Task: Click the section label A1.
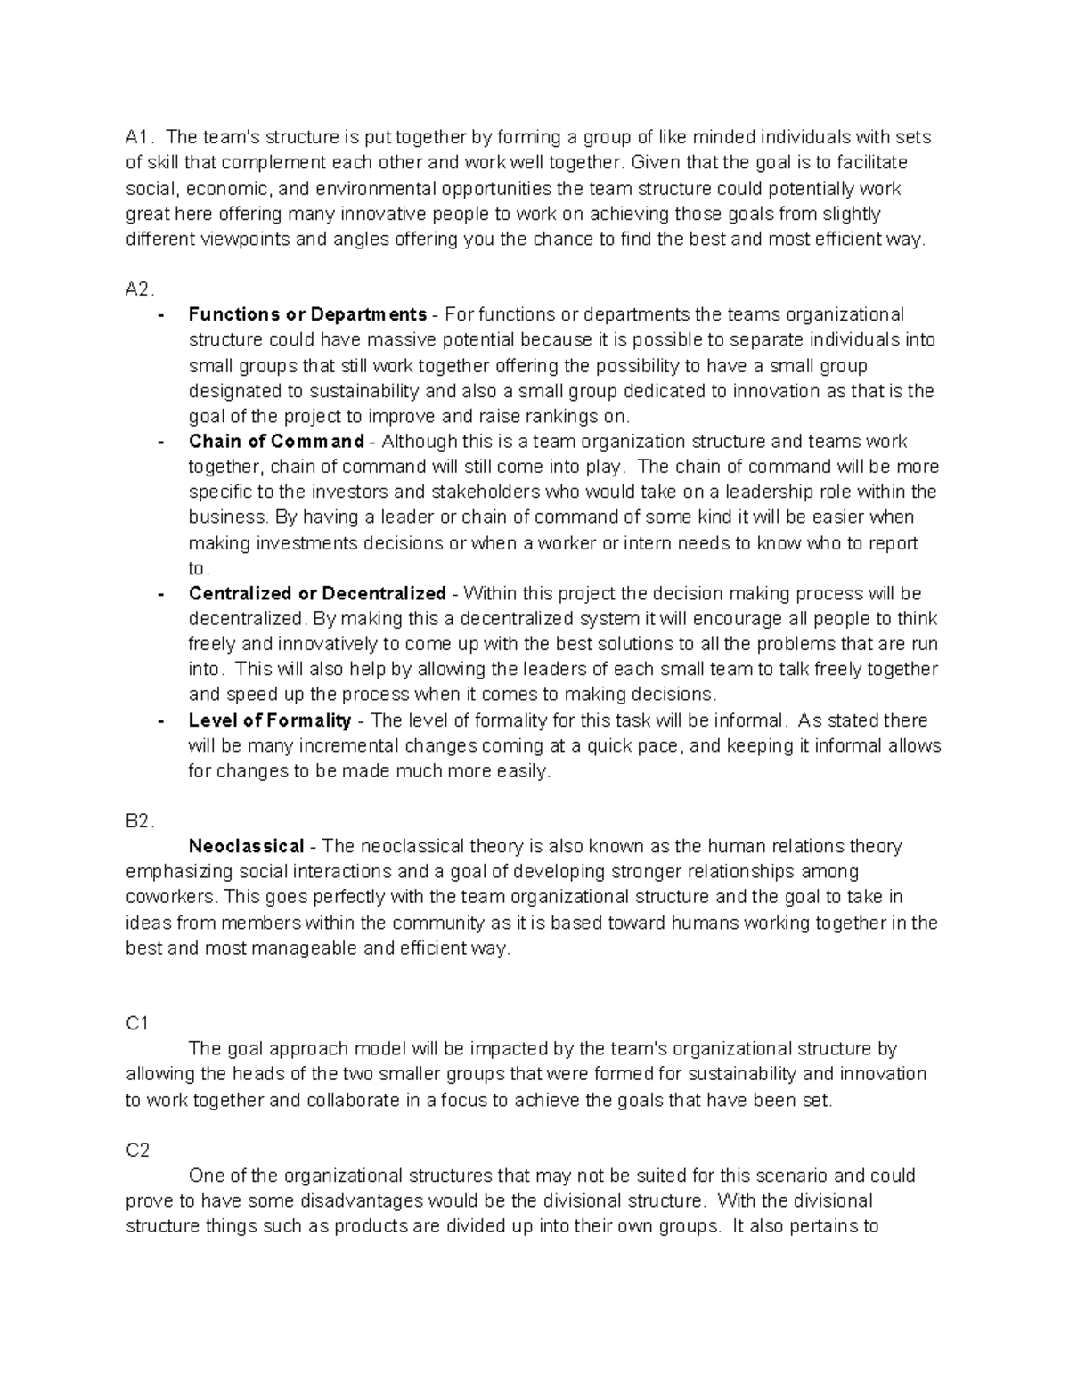pyautogui.click(x=139, y=137)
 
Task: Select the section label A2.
pyautogui.click(x=140, y=289)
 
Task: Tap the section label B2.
pyautogui.click(x=140, y=821)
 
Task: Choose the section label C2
pyautogui.click(x=138, y=1150)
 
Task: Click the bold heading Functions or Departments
pyautogui.click(x=307, y=314)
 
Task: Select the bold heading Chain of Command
pyautogui.click(x=276, y=441)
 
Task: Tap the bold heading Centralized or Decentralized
pyautogui.click(x=317, y=593)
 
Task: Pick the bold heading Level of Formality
pyautogui.click(x=270, y=720)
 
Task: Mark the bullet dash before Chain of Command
pyautogui.click(x=160, y=442)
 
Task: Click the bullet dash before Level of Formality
pyautogui.click(x=160, y=720)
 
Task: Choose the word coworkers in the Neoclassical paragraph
pyautogui.click(x=171, y=897)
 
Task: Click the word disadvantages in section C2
pyautogui.click(x=343, y=1200)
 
